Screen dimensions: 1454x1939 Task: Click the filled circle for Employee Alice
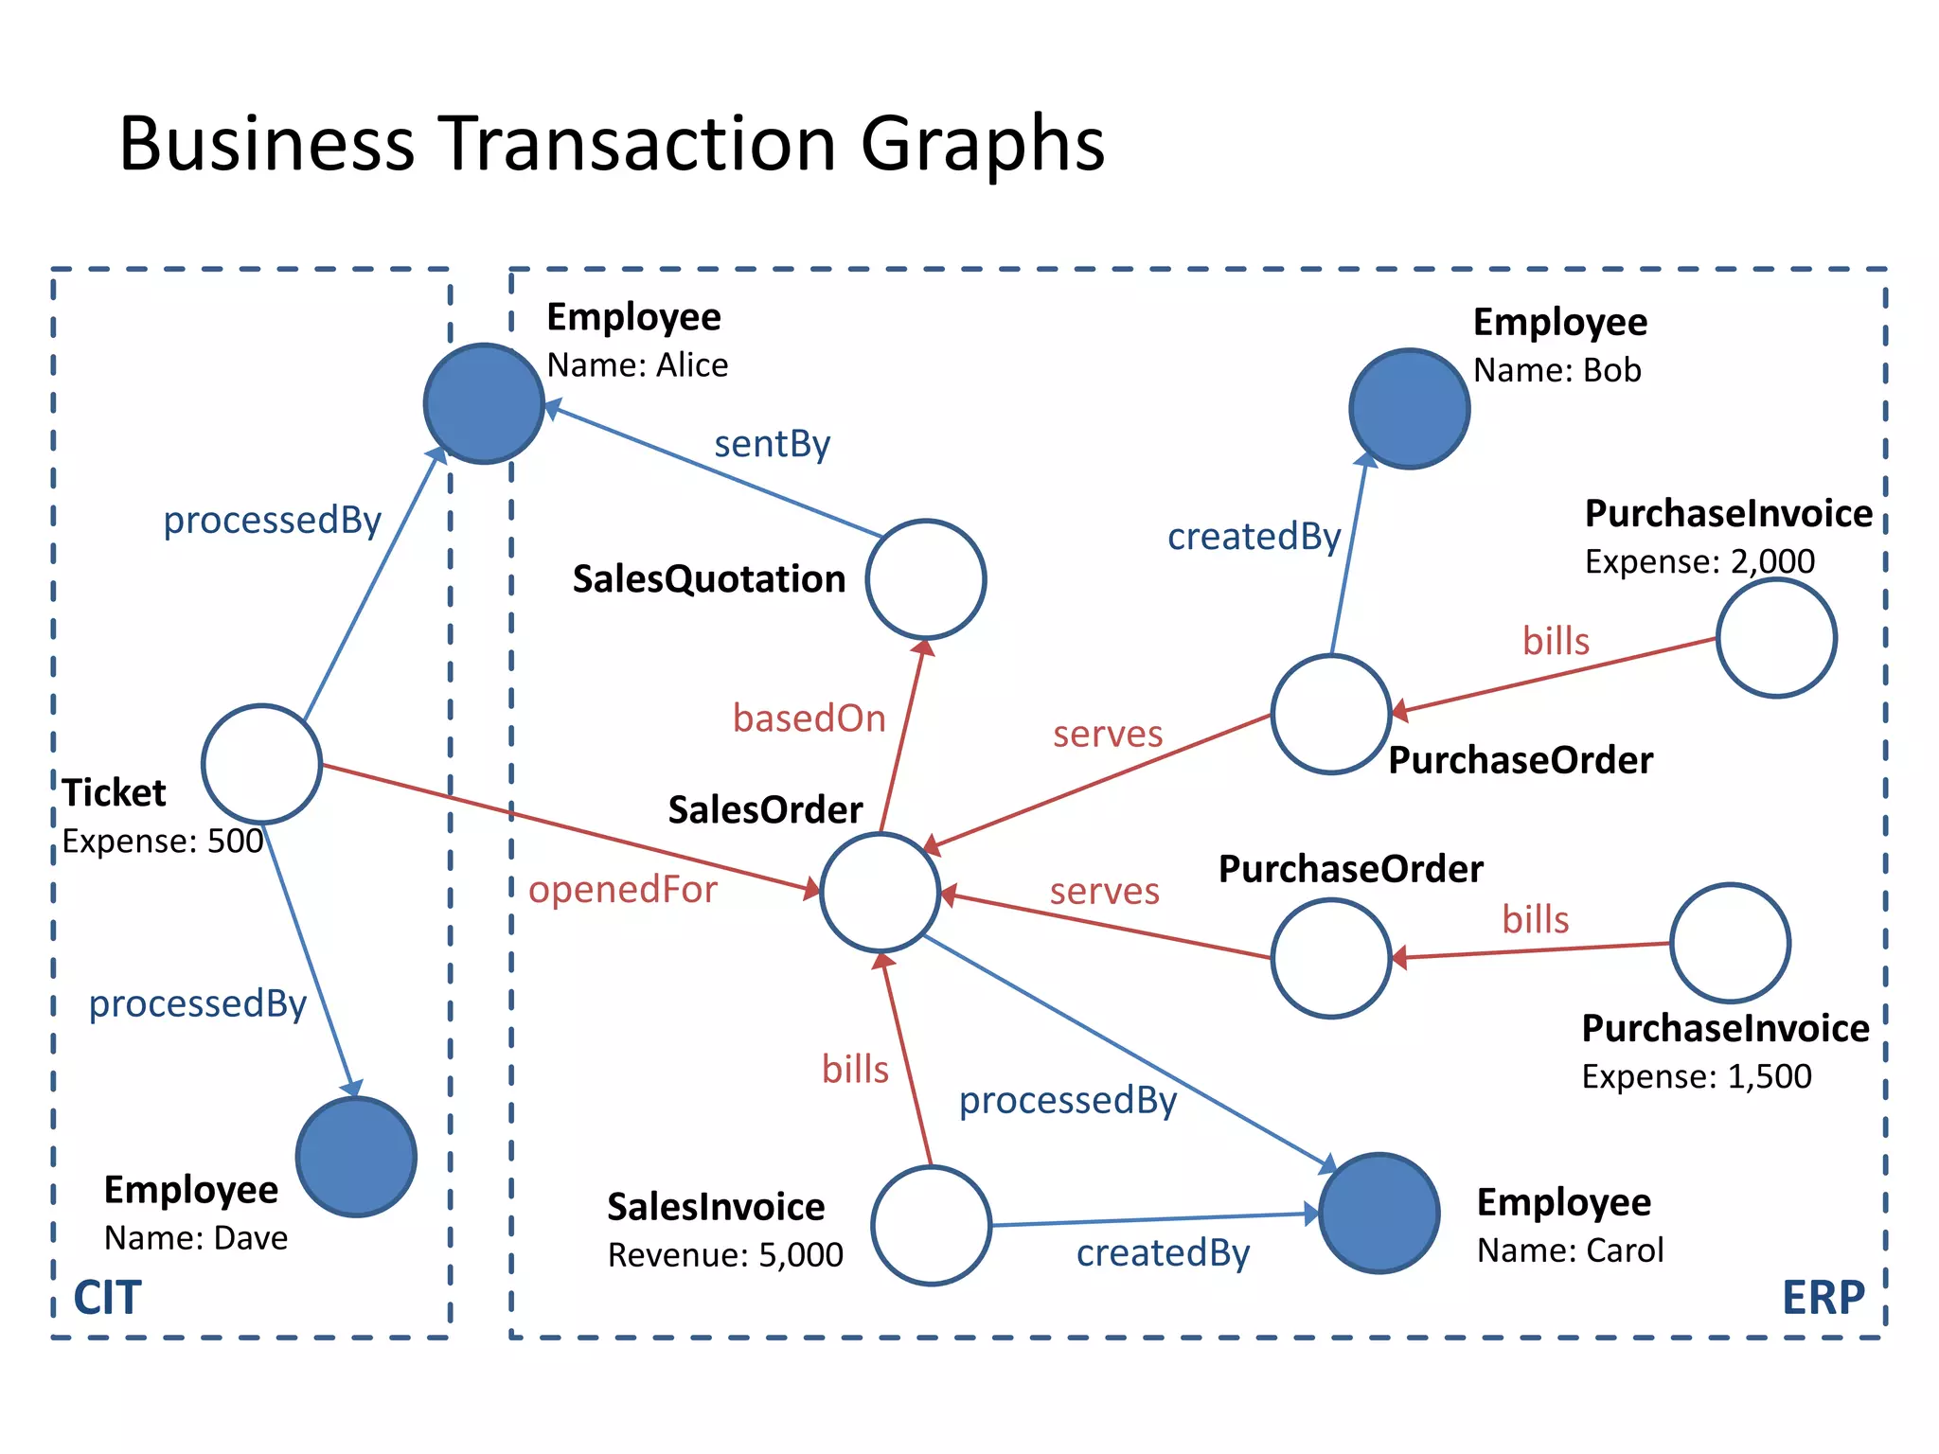(x=484, y=403)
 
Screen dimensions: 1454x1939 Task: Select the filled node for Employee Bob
(x=1409, y=408)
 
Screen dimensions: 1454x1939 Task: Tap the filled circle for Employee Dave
(x=356, y=1156)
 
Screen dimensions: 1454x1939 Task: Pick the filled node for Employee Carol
(x=1379, y=1213)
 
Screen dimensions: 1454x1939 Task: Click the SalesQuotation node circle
(x=926, y=578)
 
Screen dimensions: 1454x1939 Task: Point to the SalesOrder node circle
(x=880, y=892)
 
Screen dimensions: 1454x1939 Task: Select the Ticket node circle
(x=261, y=763)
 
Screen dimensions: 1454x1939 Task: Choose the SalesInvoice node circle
(x=931, y=1225)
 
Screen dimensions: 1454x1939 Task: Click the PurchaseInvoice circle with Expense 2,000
(x=1776, y=638)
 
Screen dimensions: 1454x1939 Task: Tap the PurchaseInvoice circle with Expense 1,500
(x=1730, y=943)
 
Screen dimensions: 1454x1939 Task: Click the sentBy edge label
(x=772, y=444)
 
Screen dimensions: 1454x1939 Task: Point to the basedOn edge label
(x=809, y=718)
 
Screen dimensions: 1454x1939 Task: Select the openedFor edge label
(x=622, y=890)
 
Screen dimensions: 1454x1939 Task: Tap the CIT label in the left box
(x=107, y=1297)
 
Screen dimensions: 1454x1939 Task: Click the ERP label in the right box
(x=1823, y=1297)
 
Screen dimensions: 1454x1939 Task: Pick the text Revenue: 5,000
(x=725, y=1255)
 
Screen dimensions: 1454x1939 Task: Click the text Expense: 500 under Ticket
(x=163, y=841)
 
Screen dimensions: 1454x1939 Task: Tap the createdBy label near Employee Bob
(x=1254, y=537)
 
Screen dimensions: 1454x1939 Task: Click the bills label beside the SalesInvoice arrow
(x=855, y=1070)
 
